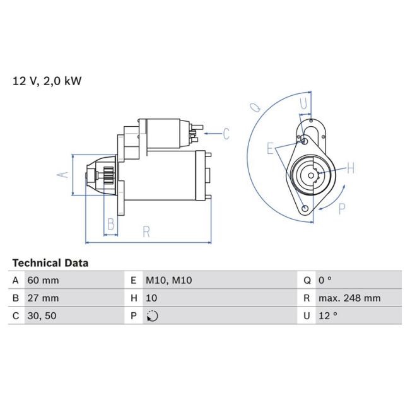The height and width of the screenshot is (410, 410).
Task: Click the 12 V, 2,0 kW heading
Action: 47,81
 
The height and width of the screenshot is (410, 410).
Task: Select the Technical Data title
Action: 50,263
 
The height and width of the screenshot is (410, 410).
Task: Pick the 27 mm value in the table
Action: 44,298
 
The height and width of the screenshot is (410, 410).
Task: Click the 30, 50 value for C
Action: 42,316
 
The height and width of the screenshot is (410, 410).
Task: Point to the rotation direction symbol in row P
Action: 151,316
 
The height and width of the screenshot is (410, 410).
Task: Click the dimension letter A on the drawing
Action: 62,174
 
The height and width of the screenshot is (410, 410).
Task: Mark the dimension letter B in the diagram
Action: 110,224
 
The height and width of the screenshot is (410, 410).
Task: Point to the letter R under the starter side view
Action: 146,231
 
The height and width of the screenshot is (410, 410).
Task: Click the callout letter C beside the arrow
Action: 225,133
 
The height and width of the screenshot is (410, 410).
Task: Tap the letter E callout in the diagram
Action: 270,149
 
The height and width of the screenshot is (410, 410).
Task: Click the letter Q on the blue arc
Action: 255,108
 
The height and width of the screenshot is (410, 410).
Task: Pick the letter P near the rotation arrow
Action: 342,209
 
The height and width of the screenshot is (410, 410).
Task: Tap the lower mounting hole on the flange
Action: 306,209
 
